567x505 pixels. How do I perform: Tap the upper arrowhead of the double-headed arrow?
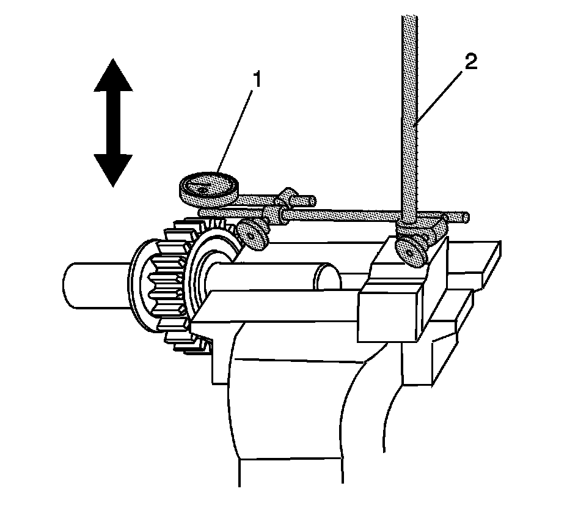[113, 76]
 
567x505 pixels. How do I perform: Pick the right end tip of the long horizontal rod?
[466, 216]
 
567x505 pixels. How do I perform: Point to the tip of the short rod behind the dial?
[312, 199]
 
